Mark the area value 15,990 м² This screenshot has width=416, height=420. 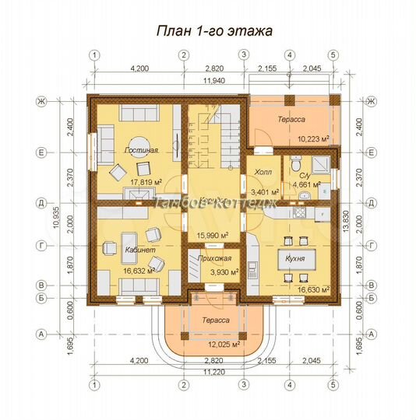click(x=213, y=235)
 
